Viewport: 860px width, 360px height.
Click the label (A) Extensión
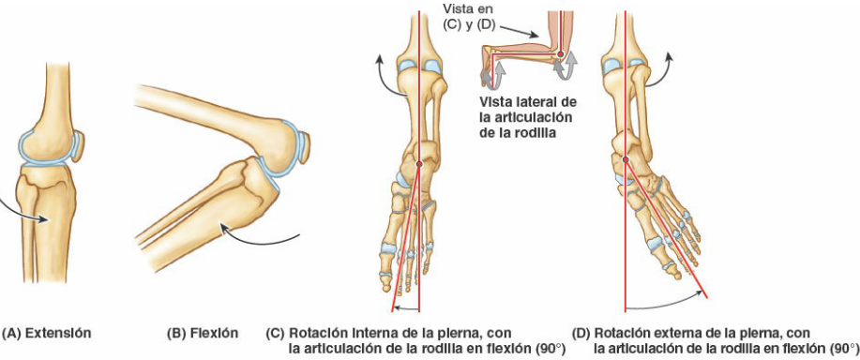(46, 333)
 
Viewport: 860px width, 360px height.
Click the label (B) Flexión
(202, 333)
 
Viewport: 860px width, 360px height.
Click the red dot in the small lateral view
(560, 54)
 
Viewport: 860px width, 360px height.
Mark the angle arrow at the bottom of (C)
(405, 307)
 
